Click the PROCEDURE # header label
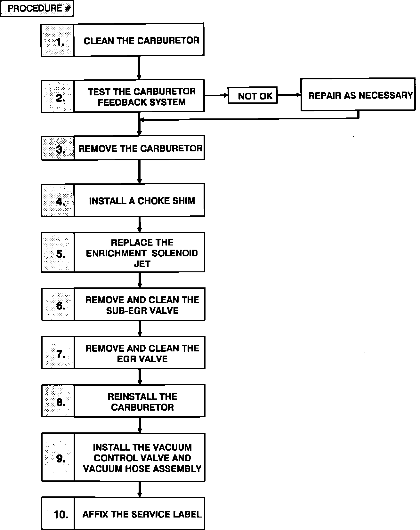coord(37,9)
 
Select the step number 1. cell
coord(58,40)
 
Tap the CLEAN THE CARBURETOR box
coord(139,40)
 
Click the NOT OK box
coord(253,95)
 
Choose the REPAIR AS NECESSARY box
coord(358,95)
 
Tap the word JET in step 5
coord(142,264)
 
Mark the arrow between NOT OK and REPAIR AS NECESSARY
coord(289,95)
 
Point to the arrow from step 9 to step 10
coord(140,489)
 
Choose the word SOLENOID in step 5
coord(175,253)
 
